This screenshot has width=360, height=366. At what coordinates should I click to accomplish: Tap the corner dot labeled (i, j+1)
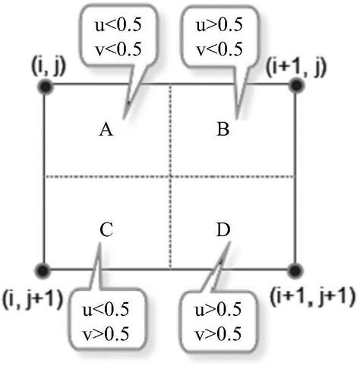pos(44,270)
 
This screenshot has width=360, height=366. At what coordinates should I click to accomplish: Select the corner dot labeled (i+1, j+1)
pos(295,270)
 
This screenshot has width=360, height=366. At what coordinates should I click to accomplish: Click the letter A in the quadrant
pos(106,131)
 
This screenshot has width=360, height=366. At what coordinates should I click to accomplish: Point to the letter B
pos(223,131)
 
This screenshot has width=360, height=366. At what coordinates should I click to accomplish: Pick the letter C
pos(106,228)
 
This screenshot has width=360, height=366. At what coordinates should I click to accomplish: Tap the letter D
pos(223,228)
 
